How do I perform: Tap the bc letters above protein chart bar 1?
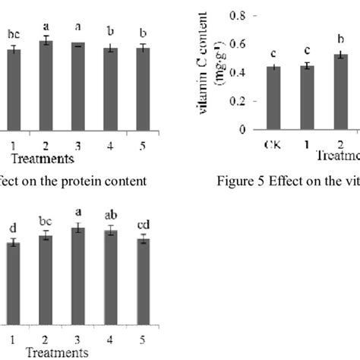(13, 33)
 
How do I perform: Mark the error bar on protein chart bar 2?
(46, 41)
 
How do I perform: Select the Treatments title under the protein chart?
(43, 158)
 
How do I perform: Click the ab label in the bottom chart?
(111, 214)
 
